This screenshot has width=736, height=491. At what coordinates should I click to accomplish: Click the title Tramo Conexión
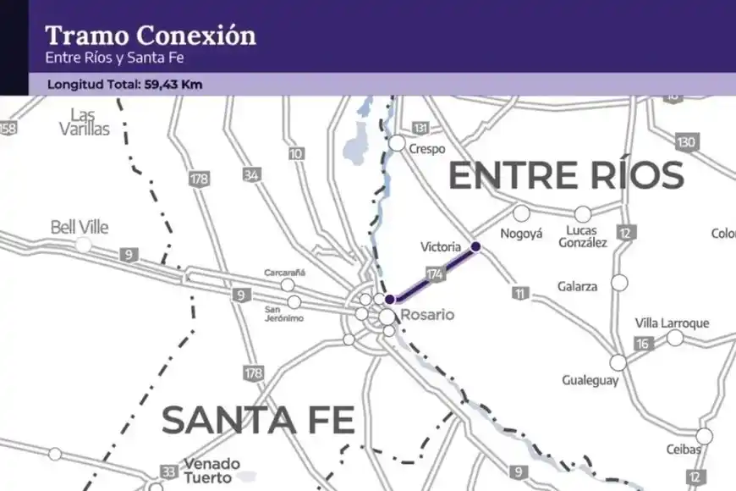pyautogui.click(x=150, y=36)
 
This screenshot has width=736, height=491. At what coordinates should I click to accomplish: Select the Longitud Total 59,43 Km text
pyautogui.click(x=124, y=85)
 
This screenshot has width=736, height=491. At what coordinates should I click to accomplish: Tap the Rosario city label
pyautogui.click(x=426, y=315)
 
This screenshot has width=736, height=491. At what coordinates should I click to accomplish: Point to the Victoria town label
pyautogui.click(x=441, y=247)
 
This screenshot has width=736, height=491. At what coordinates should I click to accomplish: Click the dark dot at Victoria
pyautogui.click(x=475, y=246)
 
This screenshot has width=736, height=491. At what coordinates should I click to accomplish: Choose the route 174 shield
pyautogui.click(x=436, y=273)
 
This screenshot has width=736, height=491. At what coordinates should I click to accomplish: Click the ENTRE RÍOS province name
pyautogui.click(x=565, y=175)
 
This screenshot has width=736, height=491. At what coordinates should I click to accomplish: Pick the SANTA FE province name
pyautogui.click(x=257, y=420)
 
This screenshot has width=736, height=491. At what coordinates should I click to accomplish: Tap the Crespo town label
pyautogui.click(x=426, y=148)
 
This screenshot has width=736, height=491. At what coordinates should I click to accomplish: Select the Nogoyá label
pyautogui.click(x=521, y=234)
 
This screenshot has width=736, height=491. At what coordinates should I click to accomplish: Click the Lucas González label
pyautogui.click(x=583, y=236)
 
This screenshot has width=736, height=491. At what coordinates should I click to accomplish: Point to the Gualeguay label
pyautogui.click(x=590, y=381)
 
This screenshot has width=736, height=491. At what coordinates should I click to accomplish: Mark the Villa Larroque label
pyautogui.click(x=672, y=323)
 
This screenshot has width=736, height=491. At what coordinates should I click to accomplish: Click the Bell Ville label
pyautogui.click(x=80, y=227)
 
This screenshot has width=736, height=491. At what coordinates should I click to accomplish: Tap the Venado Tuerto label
pyautogui.click(x=206, y=471)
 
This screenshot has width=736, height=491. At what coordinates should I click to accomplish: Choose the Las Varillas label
pyautogui.click(x=85, y=122)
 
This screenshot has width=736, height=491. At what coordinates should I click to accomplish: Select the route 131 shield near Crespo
pyautogui.click(x=420, y=128)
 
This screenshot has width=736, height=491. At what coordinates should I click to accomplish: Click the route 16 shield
pyautogui.click(x=643, y=343)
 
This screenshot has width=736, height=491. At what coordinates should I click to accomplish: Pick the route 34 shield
pyautogui.click(x=251, y=175)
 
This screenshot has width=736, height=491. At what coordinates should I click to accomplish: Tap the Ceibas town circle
pyautogui.click(x=704, y=436)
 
